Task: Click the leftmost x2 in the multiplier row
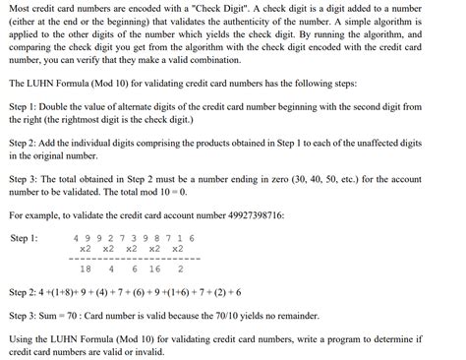tap(86, 249)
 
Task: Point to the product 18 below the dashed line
tap(85, 269)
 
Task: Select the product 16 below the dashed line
tap(154, 269)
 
